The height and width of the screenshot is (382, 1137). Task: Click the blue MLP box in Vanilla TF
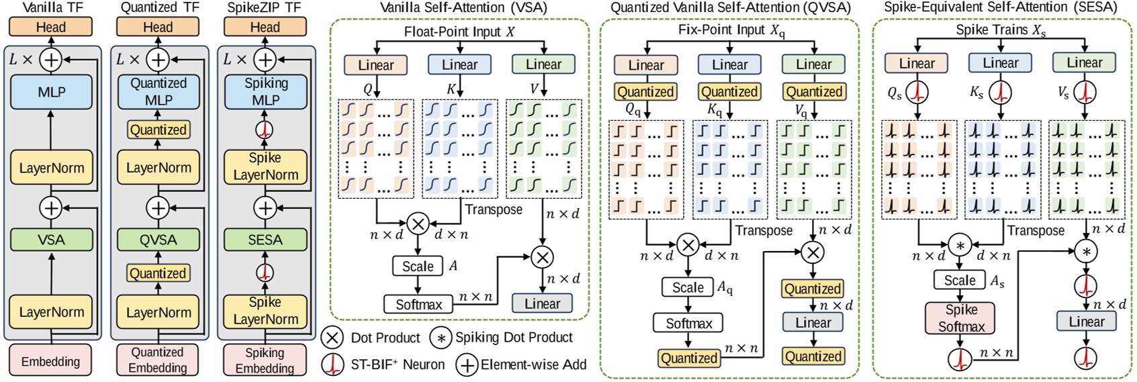point(51,92)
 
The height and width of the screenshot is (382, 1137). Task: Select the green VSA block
point(51,240)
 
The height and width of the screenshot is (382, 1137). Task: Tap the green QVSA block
point(158,240)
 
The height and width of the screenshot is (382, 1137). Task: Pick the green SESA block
point(265,240)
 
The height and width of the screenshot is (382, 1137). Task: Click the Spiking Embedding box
point(265,361)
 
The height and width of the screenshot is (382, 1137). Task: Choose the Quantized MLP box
point(159,92)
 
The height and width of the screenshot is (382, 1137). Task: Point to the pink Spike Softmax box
point(961,318)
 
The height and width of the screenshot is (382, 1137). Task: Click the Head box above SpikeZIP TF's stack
point(265,27)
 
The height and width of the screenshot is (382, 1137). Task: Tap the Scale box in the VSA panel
point(418,267)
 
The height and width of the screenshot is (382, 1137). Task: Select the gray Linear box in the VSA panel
point(543,303)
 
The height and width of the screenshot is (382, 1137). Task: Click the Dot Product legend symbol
point(333,338)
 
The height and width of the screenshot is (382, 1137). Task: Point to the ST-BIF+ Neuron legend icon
point(333,365)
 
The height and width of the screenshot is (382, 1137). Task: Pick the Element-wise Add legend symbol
point(467,365)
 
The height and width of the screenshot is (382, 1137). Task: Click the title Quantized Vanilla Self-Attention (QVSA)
point(731,7)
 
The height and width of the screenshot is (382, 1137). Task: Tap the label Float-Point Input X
point(459,32)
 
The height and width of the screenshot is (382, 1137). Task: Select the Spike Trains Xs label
point(1001,30)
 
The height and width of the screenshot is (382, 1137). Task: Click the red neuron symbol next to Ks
point(1001,93)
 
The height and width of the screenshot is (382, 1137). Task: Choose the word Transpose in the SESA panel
point(1036,231)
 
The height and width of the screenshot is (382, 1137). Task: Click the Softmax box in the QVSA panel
point(689,323)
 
